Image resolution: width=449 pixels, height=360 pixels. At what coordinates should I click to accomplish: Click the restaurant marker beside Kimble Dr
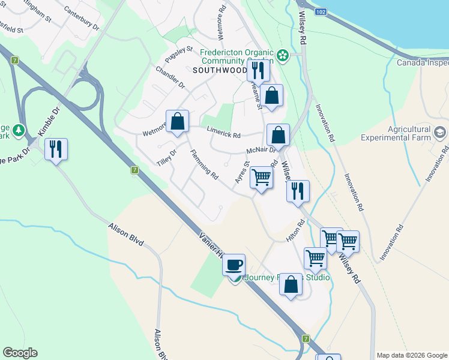click(x=56, y=149)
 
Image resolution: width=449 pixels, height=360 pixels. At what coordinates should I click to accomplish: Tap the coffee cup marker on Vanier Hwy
click(x=234, y=264)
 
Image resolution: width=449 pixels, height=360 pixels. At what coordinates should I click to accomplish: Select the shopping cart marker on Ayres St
click(x=261, y=178)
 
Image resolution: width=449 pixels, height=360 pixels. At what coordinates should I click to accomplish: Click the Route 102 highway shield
click(x=321, y=12)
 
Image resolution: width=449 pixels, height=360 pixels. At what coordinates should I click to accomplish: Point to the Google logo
click(x=20, y=353)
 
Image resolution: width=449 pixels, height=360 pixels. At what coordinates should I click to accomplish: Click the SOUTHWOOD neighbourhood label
click(x=220, y=70)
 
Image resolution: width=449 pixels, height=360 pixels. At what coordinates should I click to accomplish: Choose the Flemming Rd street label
click(x=204, y=164)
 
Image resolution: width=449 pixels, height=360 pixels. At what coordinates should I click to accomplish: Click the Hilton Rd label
click(x=296, y=230)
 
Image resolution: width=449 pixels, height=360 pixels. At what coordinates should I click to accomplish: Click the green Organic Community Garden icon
click(x=283, y=56)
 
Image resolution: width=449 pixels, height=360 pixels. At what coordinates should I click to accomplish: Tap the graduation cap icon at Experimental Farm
click(x=440, y=133)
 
